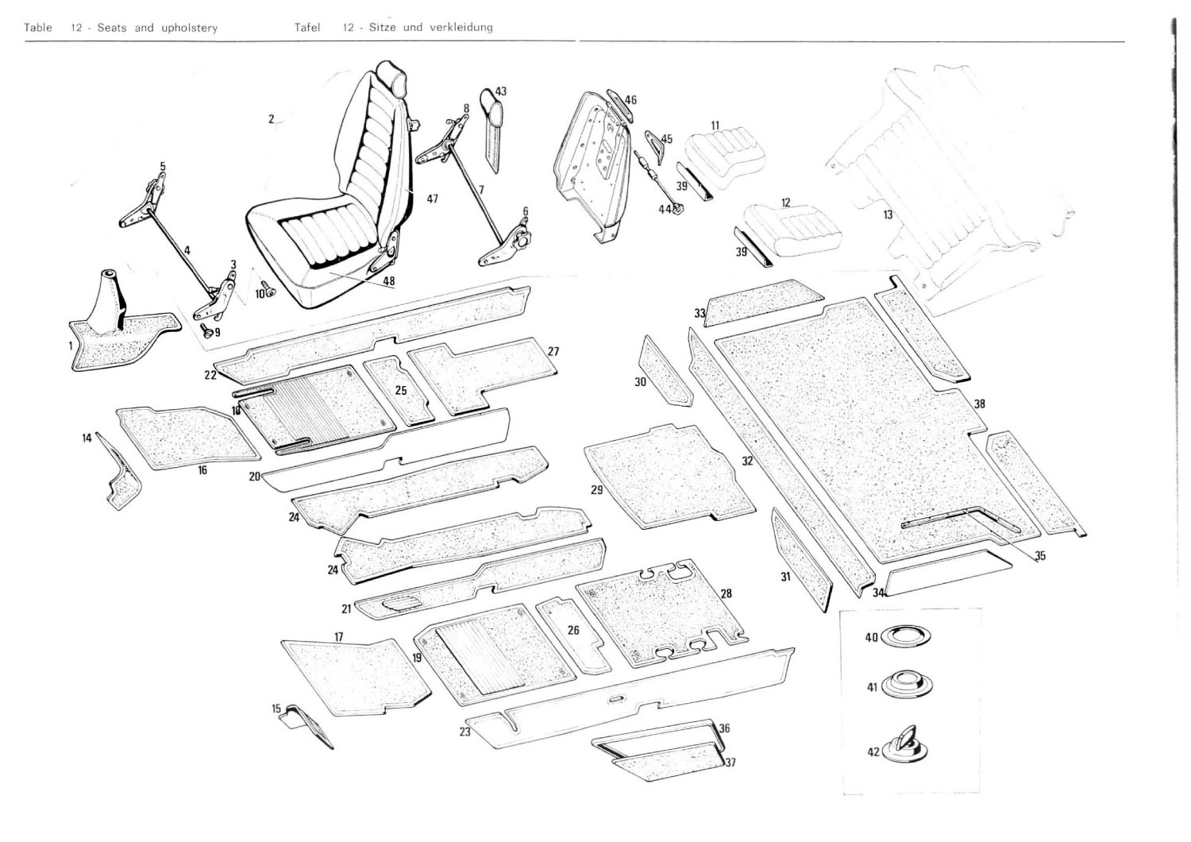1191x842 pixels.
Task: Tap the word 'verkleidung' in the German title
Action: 461,28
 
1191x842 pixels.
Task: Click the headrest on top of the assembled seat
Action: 391,75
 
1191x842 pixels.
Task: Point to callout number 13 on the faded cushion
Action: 888,214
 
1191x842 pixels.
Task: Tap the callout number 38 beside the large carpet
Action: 980,404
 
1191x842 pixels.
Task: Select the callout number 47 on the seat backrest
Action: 432,199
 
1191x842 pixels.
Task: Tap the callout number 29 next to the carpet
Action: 597,490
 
